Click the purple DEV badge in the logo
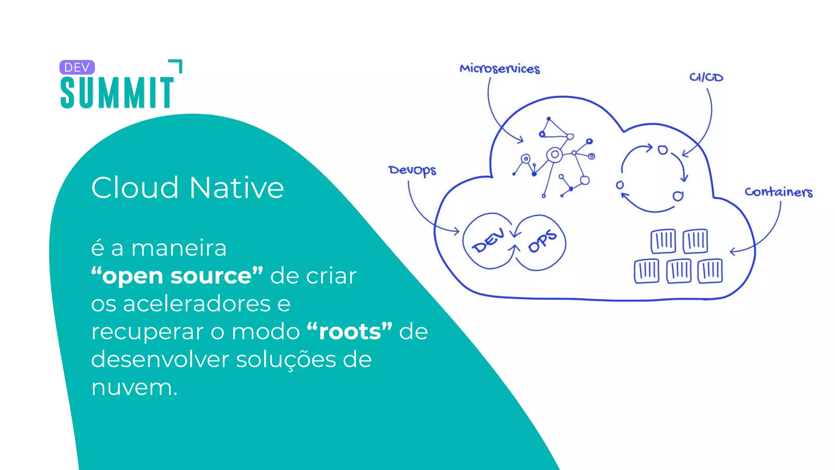[x=77, y=67]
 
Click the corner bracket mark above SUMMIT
[x=176, y=66]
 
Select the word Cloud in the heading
[x=135, y=188]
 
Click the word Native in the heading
[x=236, y=188]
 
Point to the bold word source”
[x=217, y=276]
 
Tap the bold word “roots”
[x=349, y=331]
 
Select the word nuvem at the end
[x=132, y=387]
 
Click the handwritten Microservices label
[x=499, y=69]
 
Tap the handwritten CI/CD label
[x=706, y=77]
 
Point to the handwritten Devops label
[x=412, y=170]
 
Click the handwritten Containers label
[x=778, y=192]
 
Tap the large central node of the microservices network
[x=554, y=155]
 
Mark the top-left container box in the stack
[x=663, y=241]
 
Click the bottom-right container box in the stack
[x=710, y=270]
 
